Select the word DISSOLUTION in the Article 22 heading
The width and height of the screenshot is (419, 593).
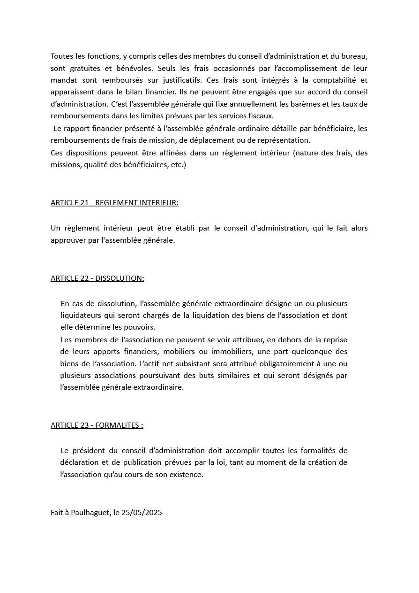(120, 278)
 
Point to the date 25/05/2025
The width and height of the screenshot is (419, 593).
(142, 513)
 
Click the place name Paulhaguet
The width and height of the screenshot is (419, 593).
(91, 513)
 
